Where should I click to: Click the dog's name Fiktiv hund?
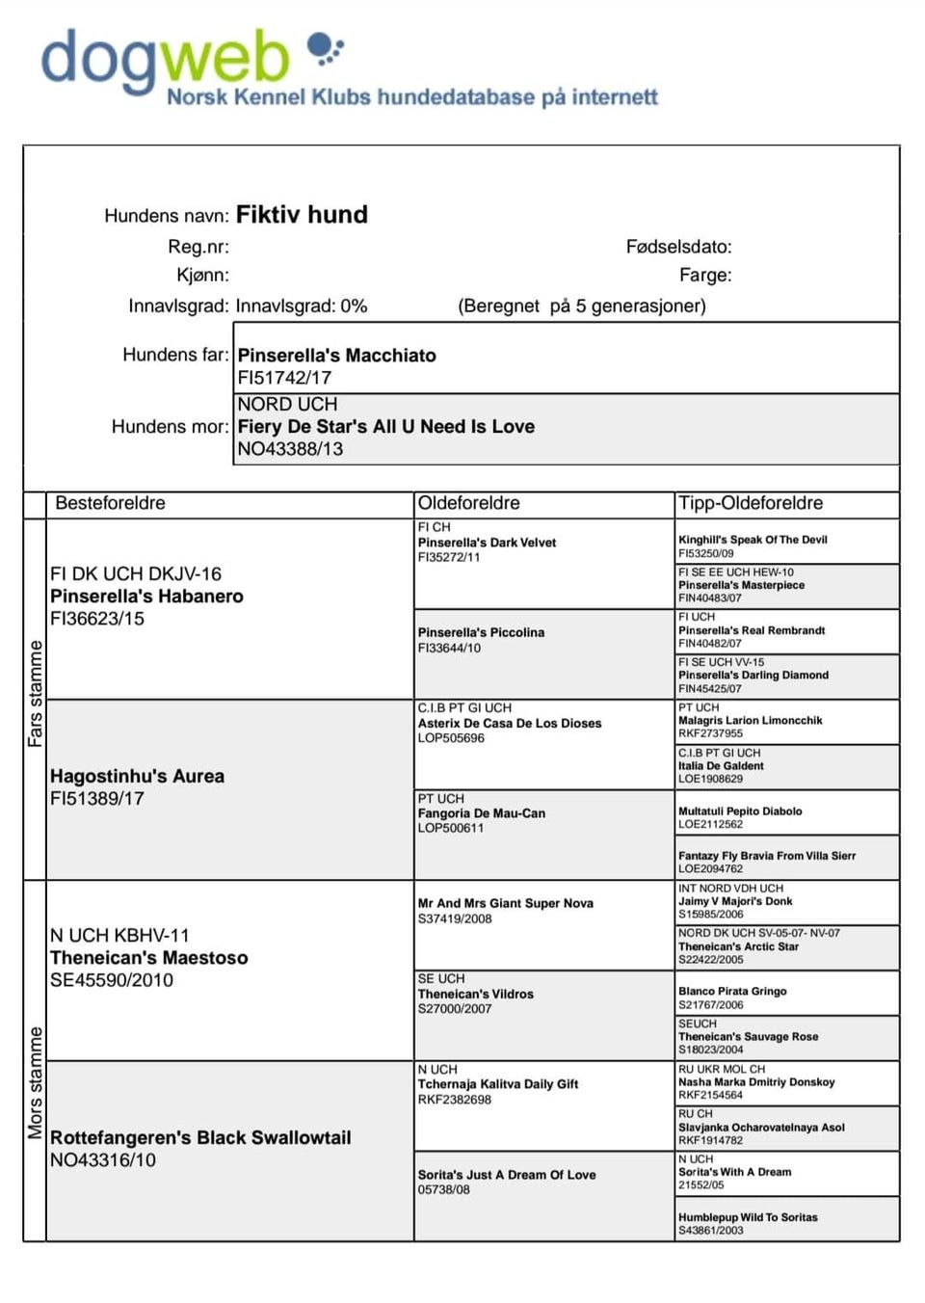click(x=302, y=214)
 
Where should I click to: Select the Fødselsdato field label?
click(x=678, y=247)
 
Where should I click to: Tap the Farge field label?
click(x=704, y=276)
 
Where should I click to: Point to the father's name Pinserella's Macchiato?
click(x=336, y=356)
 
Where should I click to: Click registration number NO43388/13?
click(x=290, y=449)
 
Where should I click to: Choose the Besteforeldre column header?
click(x=110, y=503)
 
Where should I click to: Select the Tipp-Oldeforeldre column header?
click(x=751, y=503)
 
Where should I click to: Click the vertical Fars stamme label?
click(x=36, y=693)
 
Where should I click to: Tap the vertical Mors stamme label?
click(x=36, y=1081)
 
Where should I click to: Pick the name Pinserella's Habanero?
click(x=146, y=597)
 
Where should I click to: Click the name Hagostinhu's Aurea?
click(x=137, y=776)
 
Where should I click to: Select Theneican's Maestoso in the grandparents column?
click(x=148, y=958)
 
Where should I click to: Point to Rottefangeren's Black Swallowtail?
click(x=200, y=1138)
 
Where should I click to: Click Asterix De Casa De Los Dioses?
click(x=509, y=723)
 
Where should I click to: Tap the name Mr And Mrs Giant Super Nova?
click(x=505, y=903)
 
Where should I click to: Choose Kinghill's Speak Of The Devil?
click(x=753, y=540)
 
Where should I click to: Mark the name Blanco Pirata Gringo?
click(x=732, y=991)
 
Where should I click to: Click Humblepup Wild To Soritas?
click(x=748, y=1217)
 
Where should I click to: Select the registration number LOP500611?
click(x=451, y=828)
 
